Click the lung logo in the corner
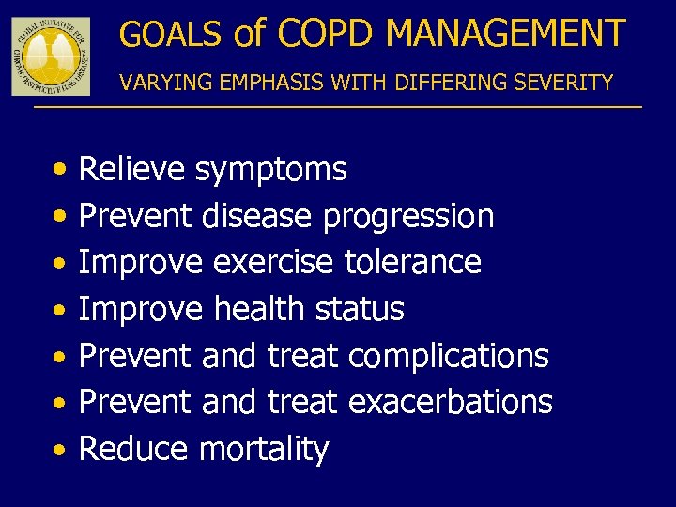click(51, 55)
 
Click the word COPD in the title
click(326, 34)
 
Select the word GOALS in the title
click(170, 35)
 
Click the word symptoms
click(270, 171)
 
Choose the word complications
click(448, 356)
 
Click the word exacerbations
click(450, 402)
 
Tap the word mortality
click(264, 450)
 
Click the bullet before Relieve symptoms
click(59, 171)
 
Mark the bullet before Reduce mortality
click(59, 451)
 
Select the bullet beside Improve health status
click(59, 310)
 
